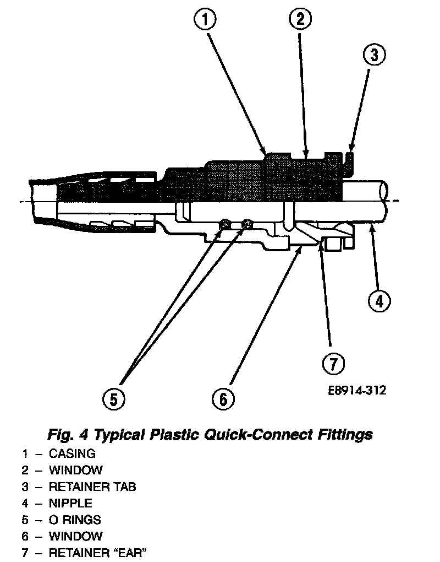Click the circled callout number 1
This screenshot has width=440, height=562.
pyautogui.click(x=205, y=20)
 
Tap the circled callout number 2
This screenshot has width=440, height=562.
pyautogui.click(x=300, y=19)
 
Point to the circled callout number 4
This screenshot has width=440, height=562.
pyautogui.click(x=380, y=301)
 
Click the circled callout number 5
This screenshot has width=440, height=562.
pyautogui.click(x=113, y=399)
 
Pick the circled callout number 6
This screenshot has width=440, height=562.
pyautogui.click(x=223, y=399)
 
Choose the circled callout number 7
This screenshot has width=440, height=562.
pyautogui.click(x=333, y=363)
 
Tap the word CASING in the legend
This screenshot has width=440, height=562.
pyautogui.click(x=72, y=454)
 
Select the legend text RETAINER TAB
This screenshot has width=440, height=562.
pyautogui.click(x=92, y=487)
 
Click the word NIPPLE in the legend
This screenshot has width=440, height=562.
pyautogui.click(x=70, y=503)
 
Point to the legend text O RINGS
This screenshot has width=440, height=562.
pyautogui.click(x=75, y=520)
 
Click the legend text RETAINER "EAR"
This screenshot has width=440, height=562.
pyautogui.click(x=98, y=553)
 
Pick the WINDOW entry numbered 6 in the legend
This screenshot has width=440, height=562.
pyautogui.click(x=75, y=536)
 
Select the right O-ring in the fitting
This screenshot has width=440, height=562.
pyautogui.click(x=248, y=223)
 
